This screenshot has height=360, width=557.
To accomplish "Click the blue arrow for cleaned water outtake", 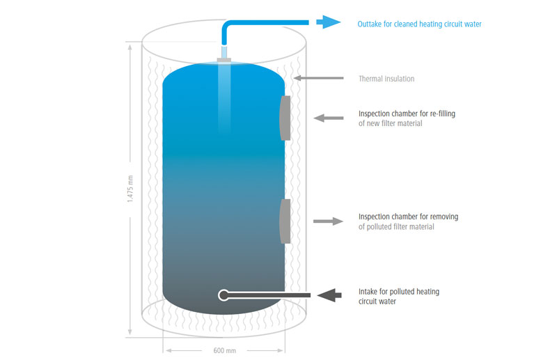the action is pyautogui.click(x=328, y=22).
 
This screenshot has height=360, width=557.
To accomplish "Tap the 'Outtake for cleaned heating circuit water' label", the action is pyautogui.click(x=419, y=24).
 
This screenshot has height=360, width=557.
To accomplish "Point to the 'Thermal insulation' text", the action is pyautogui.click(x=386, y=79).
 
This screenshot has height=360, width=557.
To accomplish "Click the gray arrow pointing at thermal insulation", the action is pyautogui.click(x=319, y=78).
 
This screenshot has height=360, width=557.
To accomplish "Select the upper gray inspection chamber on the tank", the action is pyautogui.click(x=285, y=118).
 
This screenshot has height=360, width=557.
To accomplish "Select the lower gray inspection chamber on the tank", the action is pyautogui.click(x=285, y=221).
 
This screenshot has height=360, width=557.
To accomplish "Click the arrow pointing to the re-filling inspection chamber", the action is pyautogui.click(x=329, y=118).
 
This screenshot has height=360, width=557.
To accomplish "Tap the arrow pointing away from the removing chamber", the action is pyautogui.click(x=328, y=221).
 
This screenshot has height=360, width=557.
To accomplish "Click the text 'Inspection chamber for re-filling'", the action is pyautogui.click(x=407, y=114).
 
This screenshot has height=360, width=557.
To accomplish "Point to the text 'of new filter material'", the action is pyautogui.click(x=391, y=123).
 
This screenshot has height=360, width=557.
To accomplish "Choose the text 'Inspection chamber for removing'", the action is pyautogui.click(x=408, y=217).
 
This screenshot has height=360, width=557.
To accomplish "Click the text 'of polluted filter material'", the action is pyautogui.click(x=396, y=227).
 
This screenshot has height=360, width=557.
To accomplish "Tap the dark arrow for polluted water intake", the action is pyautogui.click(x=329, y=295).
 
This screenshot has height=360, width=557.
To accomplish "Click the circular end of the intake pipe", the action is pyautogui.click(x=223, y=295).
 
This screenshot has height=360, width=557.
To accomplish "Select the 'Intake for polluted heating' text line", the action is pyautogui.click(x=399, y=292).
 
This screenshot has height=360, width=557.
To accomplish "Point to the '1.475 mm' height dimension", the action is pyautogui.click(x=130, y=189).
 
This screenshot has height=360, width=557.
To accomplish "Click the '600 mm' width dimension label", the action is pyautogui.click(x=224, y=350).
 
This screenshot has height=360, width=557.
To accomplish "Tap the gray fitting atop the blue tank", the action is pyautogui.click(x=223, y=60).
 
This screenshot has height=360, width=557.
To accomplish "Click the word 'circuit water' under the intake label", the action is pyautogui.click(x=377, y=302).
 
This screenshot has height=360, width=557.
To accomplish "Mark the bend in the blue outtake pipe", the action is pyautogui.click(x=226, y=25).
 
